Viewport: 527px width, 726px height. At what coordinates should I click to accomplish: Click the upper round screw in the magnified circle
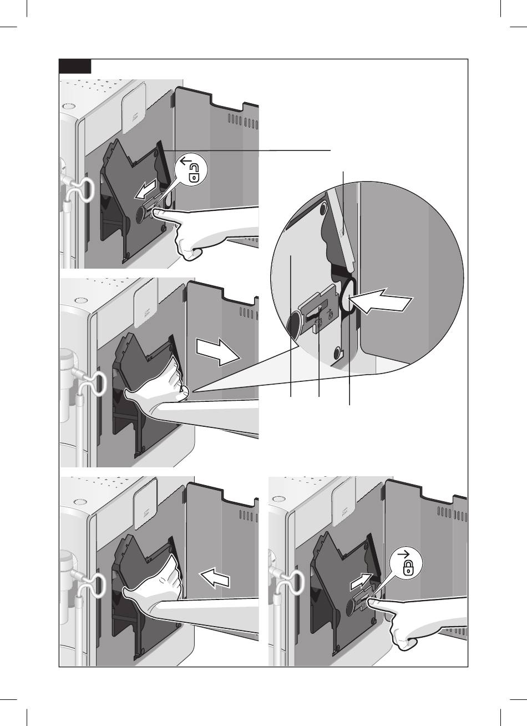point(322,209)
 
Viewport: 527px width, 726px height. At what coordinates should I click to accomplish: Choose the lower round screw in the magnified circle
point(337,351)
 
